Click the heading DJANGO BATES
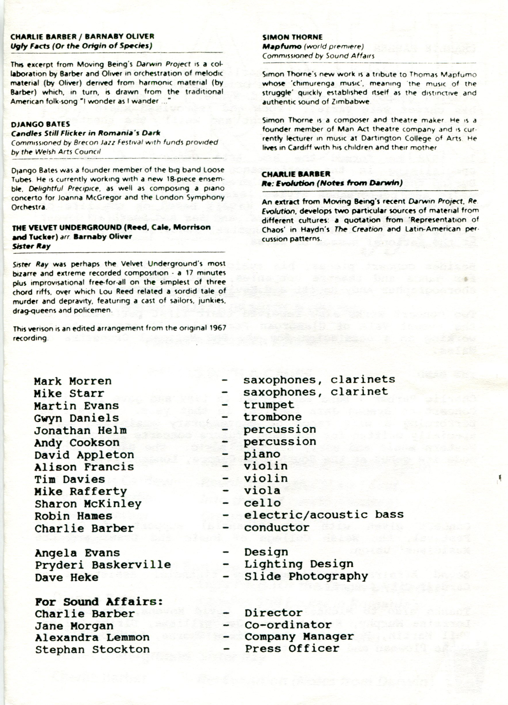pos(40,124)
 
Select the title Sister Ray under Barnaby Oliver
pos(31,246)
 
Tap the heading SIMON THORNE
pos(292,37)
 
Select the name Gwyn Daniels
pos(76,418)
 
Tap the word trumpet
pos(269,405)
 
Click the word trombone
pos(272,417)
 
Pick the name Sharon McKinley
pos(88,504)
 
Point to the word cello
pos(262,503)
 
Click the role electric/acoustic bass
pos(324,515)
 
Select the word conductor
pos(277,528)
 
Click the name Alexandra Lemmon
pos(92,638)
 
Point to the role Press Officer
pos(292,649)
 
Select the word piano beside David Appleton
pos(262,454)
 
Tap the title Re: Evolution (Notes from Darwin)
pos(332,183)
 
